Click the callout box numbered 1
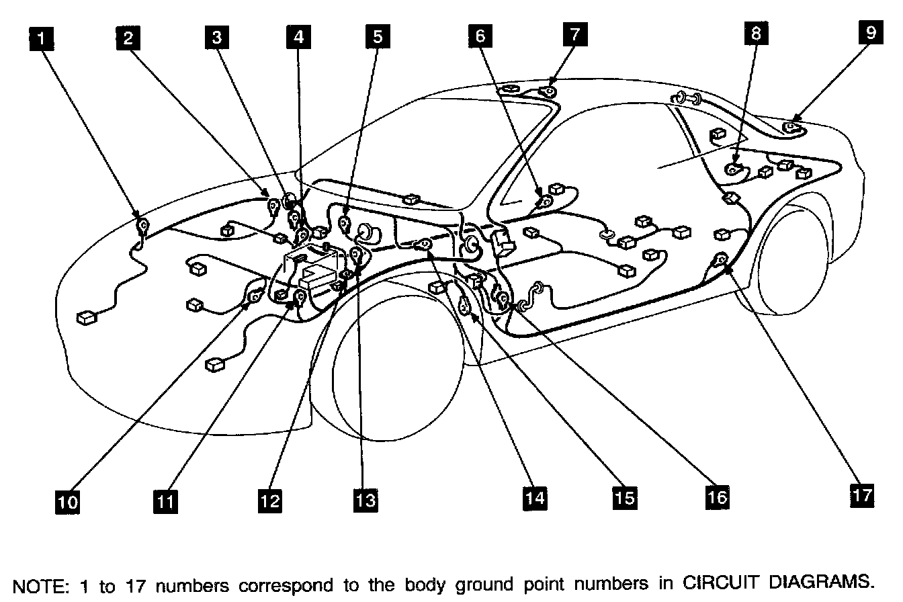[x=42, y=38]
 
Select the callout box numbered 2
[x=127, y=38]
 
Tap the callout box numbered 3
[x=216, y=38]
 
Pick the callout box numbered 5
[x=378, y=38]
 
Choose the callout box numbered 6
[x=480, y=37]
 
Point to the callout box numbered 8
[x=757, y=35]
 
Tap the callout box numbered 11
[x=166, y=501]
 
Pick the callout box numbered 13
[x=367, y=500]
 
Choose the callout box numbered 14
[x=535, y=497]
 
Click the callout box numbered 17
[x=861, y=495]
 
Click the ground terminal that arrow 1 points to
[x=143, y=225]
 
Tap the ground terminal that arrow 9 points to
[x=793, y=126]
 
